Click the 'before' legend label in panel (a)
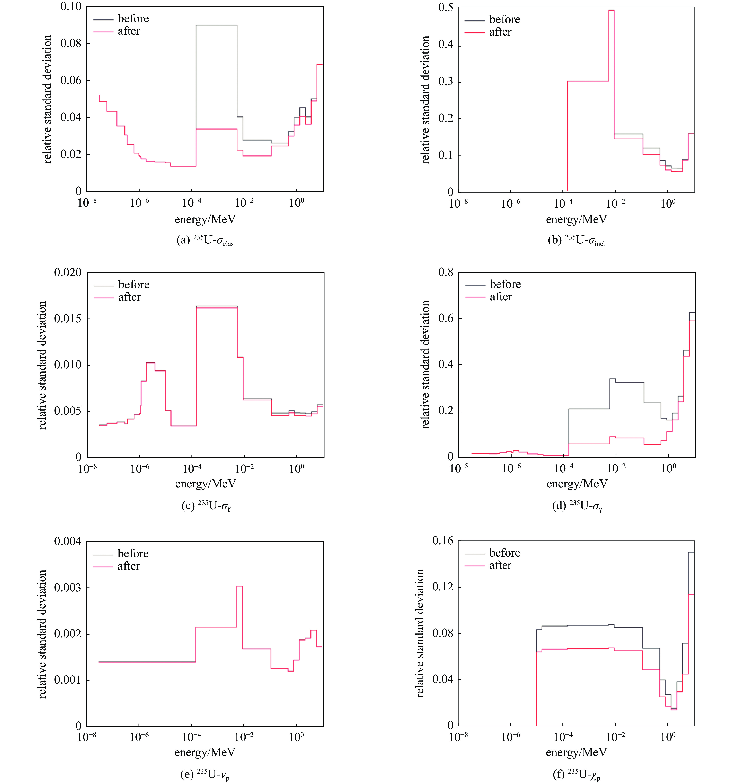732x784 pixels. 133,19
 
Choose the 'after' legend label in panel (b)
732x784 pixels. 500,32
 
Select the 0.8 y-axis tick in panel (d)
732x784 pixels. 446,272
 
